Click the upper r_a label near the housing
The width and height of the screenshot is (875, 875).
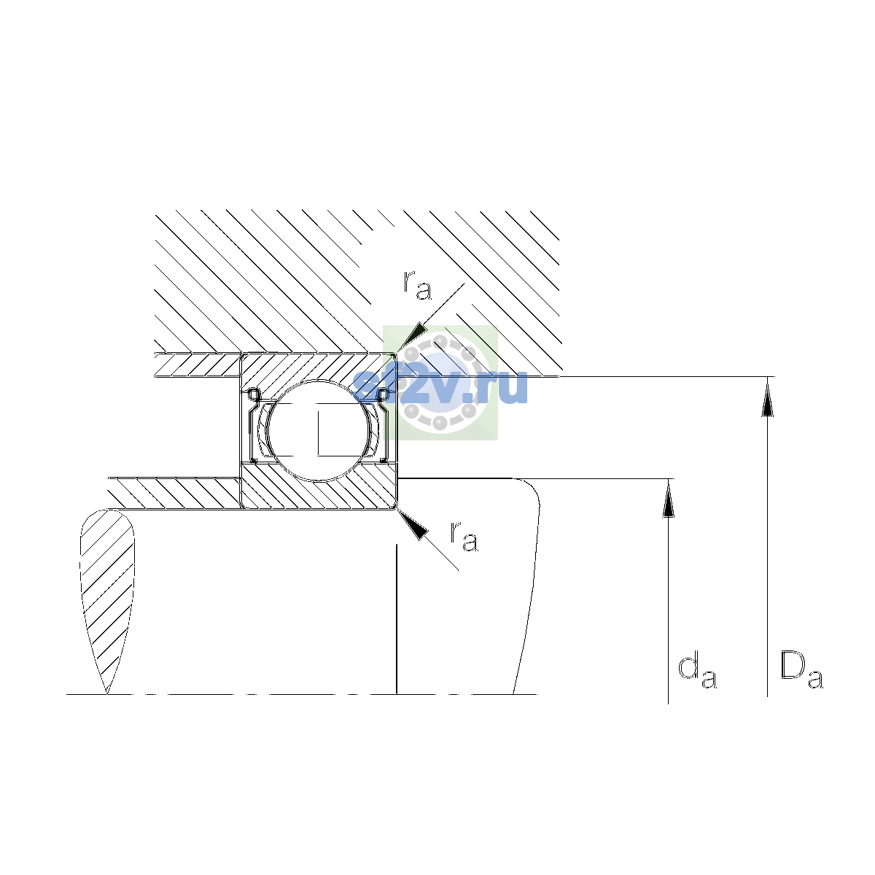pos(417,286)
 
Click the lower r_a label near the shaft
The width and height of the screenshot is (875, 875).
pos(464,537)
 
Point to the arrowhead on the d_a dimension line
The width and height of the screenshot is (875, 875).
pos(668,498)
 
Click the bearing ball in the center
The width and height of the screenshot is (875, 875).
pos(319,430)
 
